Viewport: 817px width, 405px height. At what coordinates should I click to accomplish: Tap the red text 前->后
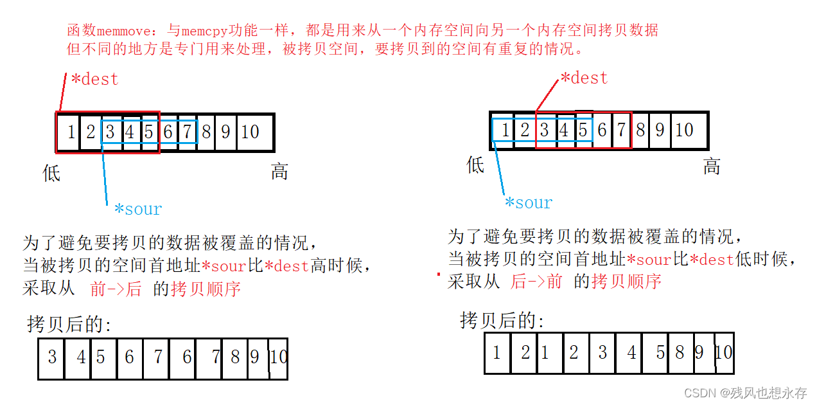[116, 289]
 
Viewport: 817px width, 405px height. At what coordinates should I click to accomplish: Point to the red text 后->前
[536, 282]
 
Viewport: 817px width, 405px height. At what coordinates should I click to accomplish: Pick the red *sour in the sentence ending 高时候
[224, 266]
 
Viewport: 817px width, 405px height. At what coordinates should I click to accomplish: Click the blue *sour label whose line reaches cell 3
[137, 209]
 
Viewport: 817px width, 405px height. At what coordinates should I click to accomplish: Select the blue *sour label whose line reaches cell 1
[528, 203]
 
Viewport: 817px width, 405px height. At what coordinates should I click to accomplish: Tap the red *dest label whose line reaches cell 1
[94, 80]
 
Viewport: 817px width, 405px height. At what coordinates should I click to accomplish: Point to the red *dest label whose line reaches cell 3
[584, 78]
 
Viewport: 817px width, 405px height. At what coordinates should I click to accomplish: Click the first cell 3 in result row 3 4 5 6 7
[52, 357]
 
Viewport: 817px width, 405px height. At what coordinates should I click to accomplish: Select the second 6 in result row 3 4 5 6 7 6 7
[186, 357]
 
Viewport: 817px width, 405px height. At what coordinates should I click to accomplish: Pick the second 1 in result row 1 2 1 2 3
[545, 353]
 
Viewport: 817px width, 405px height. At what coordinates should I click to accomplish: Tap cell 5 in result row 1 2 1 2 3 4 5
[660, 353]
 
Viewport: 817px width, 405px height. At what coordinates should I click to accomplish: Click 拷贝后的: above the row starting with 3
[69, 325]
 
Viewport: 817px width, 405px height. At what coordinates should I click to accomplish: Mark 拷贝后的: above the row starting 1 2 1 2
[502, 320]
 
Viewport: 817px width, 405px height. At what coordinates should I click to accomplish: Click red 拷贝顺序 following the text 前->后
[206, 289]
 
